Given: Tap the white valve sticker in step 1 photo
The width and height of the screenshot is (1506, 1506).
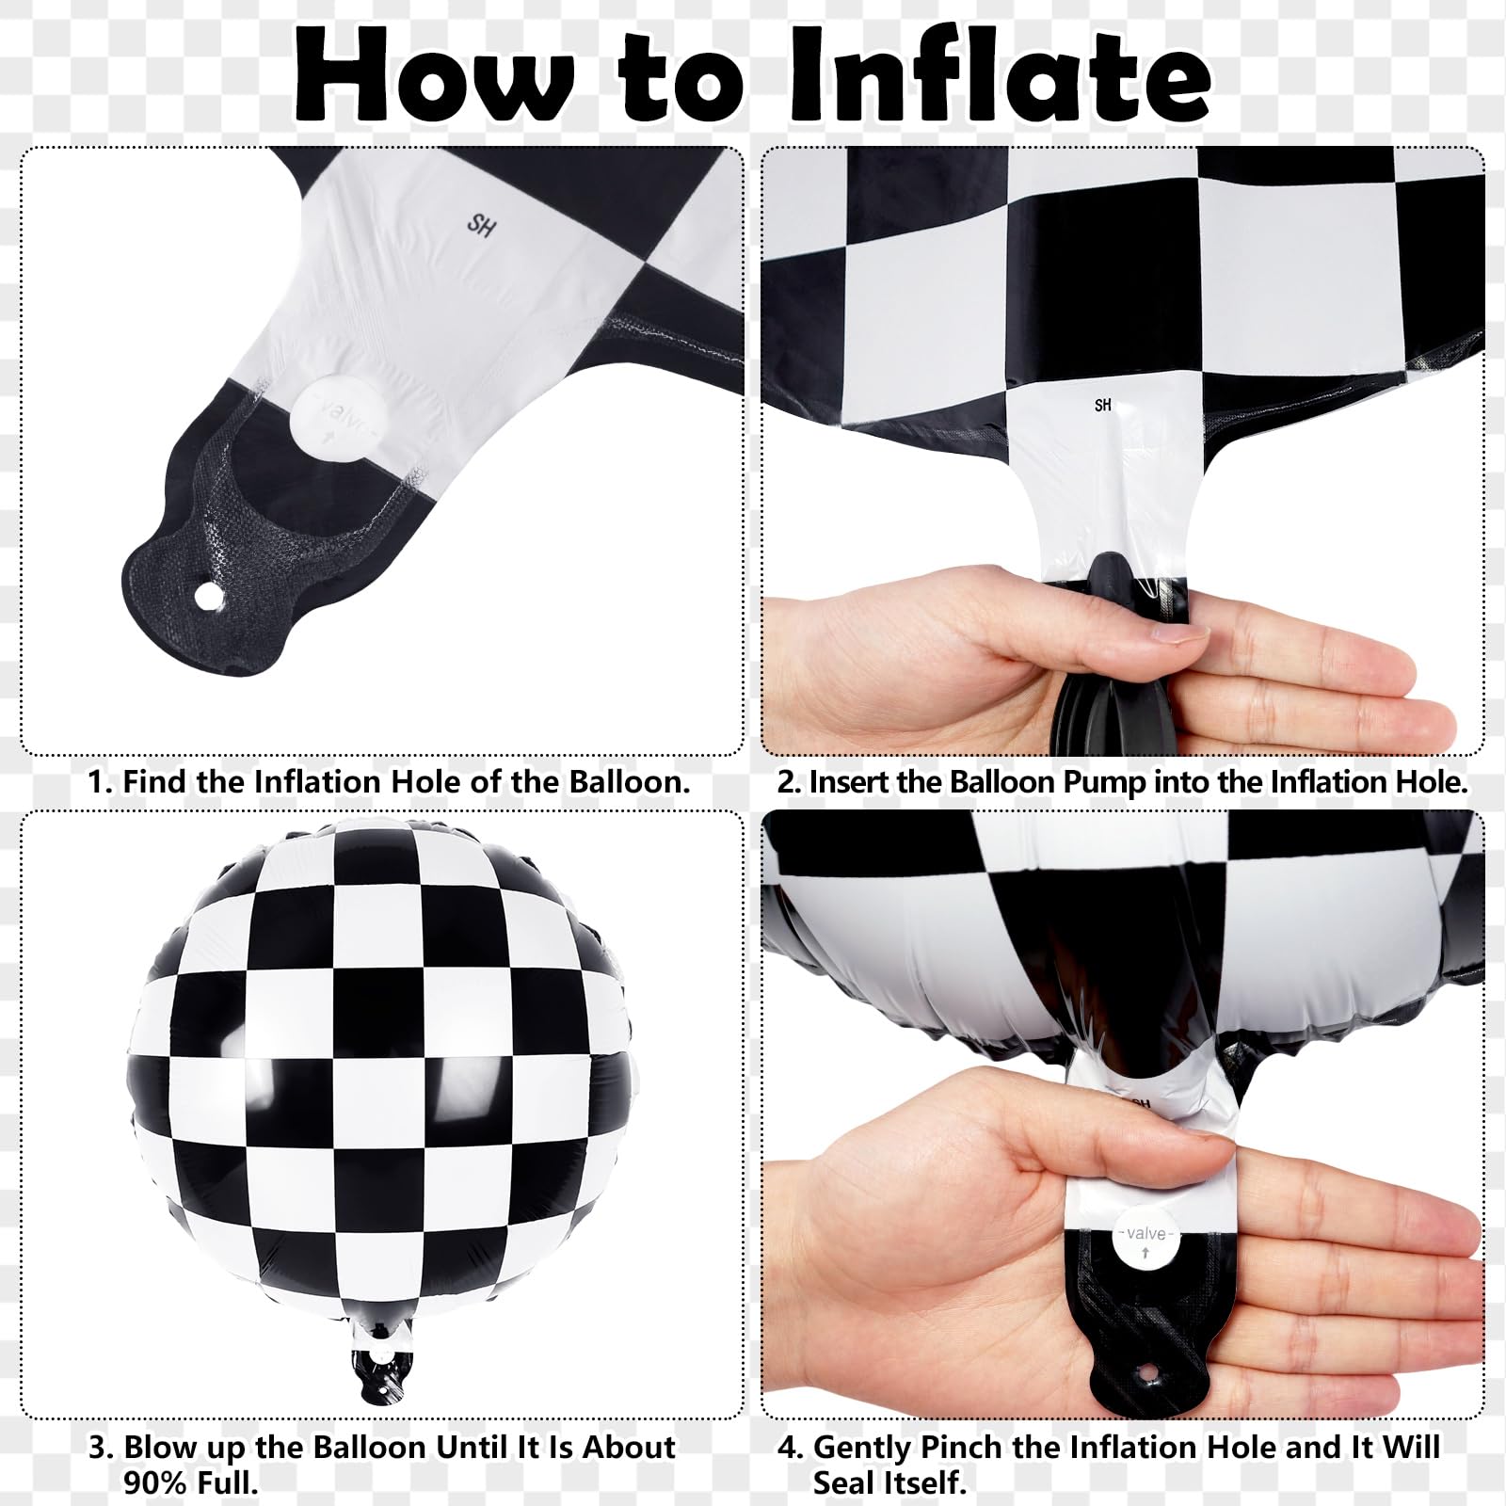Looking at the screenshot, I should tap(335, 417).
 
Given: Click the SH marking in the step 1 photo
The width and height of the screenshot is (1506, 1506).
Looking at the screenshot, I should tap(481, 226).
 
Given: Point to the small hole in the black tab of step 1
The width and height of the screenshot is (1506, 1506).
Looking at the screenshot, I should tap(206, 595).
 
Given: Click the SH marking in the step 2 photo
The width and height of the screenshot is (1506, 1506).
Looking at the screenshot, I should tap(1103, 405).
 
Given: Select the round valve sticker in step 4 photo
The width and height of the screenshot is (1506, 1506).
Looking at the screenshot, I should tap(1146, 1239).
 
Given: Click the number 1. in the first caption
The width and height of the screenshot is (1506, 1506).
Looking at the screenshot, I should tap(101, 782).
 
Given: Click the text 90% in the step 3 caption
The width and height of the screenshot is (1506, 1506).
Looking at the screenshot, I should tap(154, 1483).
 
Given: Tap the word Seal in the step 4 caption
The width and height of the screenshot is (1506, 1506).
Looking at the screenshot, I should tap(845, 1483).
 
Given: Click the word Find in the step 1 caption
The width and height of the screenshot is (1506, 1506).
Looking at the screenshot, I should tap(155, 782).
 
